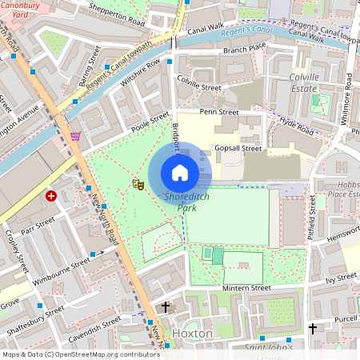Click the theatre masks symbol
coord(138,185)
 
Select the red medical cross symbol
coord(51,195)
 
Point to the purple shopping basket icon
coord(75,137)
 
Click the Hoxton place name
coord(192,332)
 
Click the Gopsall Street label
coord(238,148)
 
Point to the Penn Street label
coord(218,113)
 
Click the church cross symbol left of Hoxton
coord(166,307)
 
